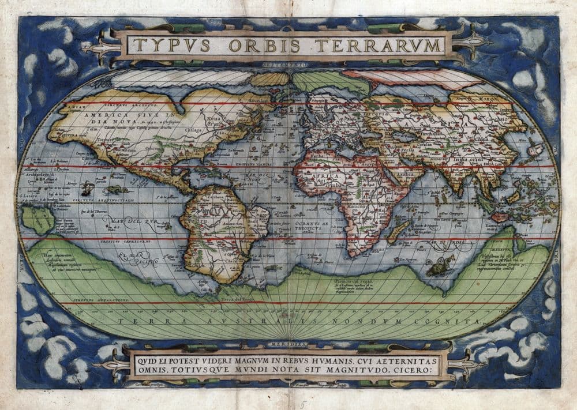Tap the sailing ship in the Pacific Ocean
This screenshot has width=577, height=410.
[87, 189]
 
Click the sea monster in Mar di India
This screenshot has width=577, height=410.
[439, 266]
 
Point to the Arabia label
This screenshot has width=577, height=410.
[390, 171]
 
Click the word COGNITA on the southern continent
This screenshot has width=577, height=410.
[458, 320]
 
